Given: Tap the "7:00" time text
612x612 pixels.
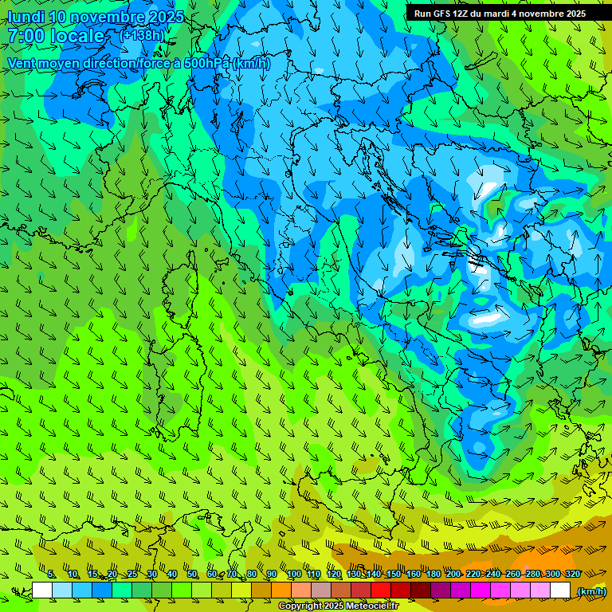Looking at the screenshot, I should tap(24, 36).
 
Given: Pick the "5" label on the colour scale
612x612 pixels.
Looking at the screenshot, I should tap(51, 574).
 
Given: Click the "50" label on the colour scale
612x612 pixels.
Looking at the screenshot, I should tap(191, 574).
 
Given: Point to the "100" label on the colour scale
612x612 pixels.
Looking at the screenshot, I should tap(293, 574).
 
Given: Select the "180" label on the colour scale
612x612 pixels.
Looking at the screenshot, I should tap(433, 574).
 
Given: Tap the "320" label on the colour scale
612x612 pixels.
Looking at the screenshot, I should tap(572, 574).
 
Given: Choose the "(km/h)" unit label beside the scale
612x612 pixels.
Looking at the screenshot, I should tap(591, 591).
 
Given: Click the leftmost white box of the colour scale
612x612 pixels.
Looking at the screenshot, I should tap(42, 590).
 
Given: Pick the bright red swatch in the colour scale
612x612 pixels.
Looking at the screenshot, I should tap(381, 590).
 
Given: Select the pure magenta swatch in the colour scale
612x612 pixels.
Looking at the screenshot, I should tap(481, 590).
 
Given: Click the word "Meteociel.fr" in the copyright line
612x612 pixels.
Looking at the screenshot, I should tap(377, 606).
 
